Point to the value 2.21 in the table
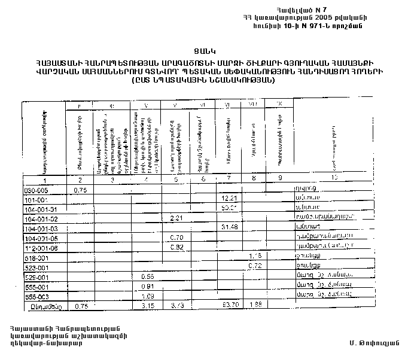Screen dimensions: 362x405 tap(176, 218)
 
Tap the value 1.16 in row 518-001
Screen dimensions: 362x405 tap(256, 256)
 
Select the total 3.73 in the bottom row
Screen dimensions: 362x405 tap(176, 305)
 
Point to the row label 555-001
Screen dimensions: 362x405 tap(34, 285)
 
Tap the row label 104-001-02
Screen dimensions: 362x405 tap(38, 218)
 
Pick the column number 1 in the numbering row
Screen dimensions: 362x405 tap(44, 180)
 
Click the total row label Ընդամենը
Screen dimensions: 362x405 tap(44, 305)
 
